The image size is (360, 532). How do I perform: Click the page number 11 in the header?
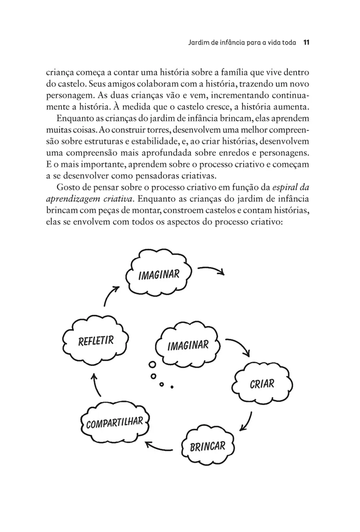pos(306,43)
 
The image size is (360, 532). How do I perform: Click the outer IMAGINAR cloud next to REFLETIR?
pos(159,274)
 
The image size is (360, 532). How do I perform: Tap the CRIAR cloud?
pos(262,383)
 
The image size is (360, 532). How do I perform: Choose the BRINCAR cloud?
pos(207,445)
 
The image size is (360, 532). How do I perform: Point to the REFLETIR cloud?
pos(96,341)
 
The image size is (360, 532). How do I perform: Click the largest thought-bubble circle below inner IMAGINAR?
pos(152,364)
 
